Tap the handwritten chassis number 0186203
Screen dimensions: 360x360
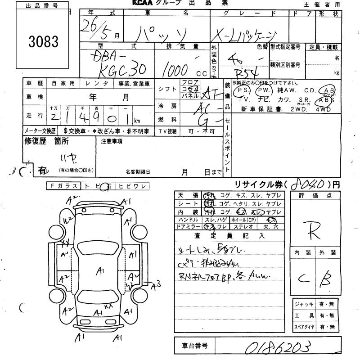(x=278, y=348)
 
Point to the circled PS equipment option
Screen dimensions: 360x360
(x=243, y=90)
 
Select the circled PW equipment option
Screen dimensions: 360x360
(x=263, y=90)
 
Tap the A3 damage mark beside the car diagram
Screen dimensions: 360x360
(x=156, y=284)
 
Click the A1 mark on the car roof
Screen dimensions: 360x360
(x=100, y=270)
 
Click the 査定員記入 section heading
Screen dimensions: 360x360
(x=229, y=235)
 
